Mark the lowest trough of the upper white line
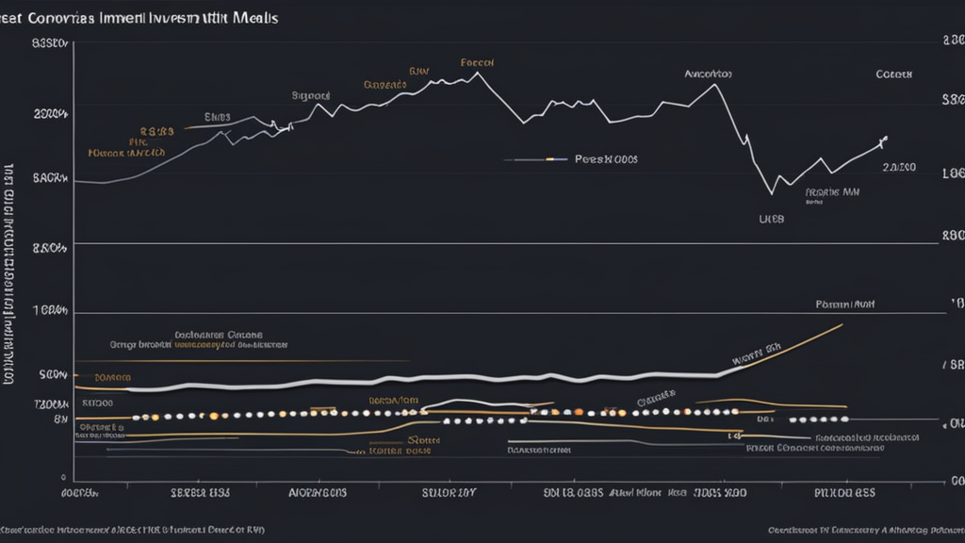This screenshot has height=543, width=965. (771, 193)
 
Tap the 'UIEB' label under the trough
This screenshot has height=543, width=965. (772, 217)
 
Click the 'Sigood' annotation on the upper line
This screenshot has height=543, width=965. (311, 95)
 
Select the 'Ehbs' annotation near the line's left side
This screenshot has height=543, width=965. (218, 118)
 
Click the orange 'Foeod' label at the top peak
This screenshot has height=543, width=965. (478, 62)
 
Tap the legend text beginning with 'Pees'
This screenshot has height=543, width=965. (606, 159)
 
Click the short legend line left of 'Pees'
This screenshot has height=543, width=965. (534, 160)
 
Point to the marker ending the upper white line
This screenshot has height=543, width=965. (883, 141)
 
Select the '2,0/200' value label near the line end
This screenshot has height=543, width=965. (899, 167)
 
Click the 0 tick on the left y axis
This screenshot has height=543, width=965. (62, 478)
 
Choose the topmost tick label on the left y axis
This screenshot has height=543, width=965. (50, 42)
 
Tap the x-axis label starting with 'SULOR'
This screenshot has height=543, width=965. (449, 492)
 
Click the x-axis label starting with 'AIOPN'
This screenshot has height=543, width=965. (318, 492)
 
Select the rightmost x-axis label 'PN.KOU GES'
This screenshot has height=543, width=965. (845, 492)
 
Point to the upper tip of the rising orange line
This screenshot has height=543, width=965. (841, 325)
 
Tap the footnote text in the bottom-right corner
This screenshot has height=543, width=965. (861, 530)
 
